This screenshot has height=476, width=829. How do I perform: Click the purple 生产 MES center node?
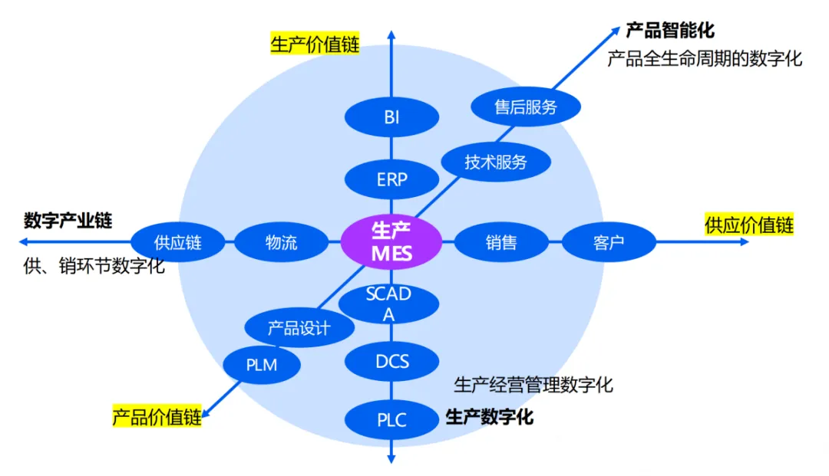[391, 243]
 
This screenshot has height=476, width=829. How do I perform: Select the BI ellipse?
[391, 118]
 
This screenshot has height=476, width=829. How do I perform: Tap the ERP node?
[391, 180]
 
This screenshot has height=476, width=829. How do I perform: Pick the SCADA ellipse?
[389, 304]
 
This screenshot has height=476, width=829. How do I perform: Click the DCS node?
[391, 360]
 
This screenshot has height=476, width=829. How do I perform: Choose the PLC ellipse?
[391, 420]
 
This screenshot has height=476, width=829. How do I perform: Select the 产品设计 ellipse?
[299, 329]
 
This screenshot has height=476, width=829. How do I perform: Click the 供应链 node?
[177, 243]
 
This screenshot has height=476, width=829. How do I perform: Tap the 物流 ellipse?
[281, 243]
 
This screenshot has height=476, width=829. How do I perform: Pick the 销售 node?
[501, 243]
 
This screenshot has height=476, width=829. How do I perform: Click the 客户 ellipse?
[609, 243]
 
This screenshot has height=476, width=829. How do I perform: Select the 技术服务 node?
[496, 162]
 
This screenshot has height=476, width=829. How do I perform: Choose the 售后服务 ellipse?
[525, 107]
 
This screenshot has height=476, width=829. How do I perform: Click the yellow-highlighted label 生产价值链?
[315, 44]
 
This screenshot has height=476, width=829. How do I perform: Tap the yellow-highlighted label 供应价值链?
[748, 225]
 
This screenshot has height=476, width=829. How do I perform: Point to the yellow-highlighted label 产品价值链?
[157, 417]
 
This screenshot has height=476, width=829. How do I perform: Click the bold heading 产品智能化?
[670, 31]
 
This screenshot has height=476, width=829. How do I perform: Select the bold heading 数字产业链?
[68, 221]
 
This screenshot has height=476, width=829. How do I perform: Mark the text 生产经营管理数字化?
[533, 384]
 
